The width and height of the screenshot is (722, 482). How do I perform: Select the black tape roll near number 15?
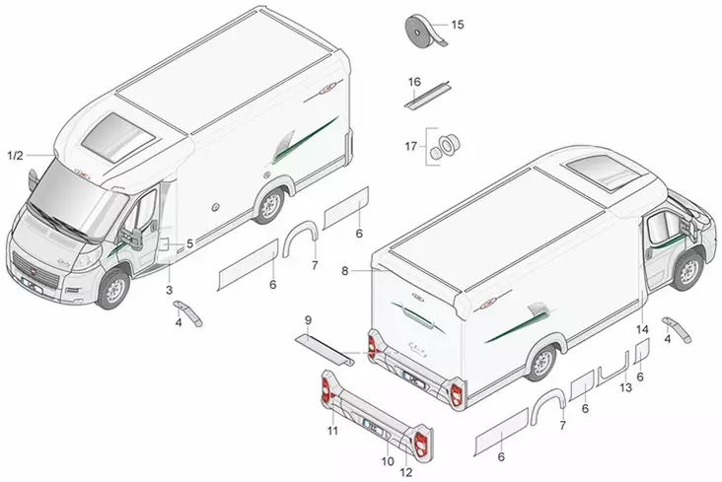[x=424, y=31]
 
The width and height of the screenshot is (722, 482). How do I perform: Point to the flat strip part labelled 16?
[x=425, y=97]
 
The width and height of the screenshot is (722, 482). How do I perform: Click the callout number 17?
[x=412, y=147]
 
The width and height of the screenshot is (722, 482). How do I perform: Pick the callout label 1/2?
[x=15, y=156]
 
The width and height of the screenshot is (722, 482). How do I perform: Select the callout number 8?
[x=344, y=268]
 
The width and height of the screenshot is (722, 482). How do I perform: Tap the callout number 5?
[x=189, y=242]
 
